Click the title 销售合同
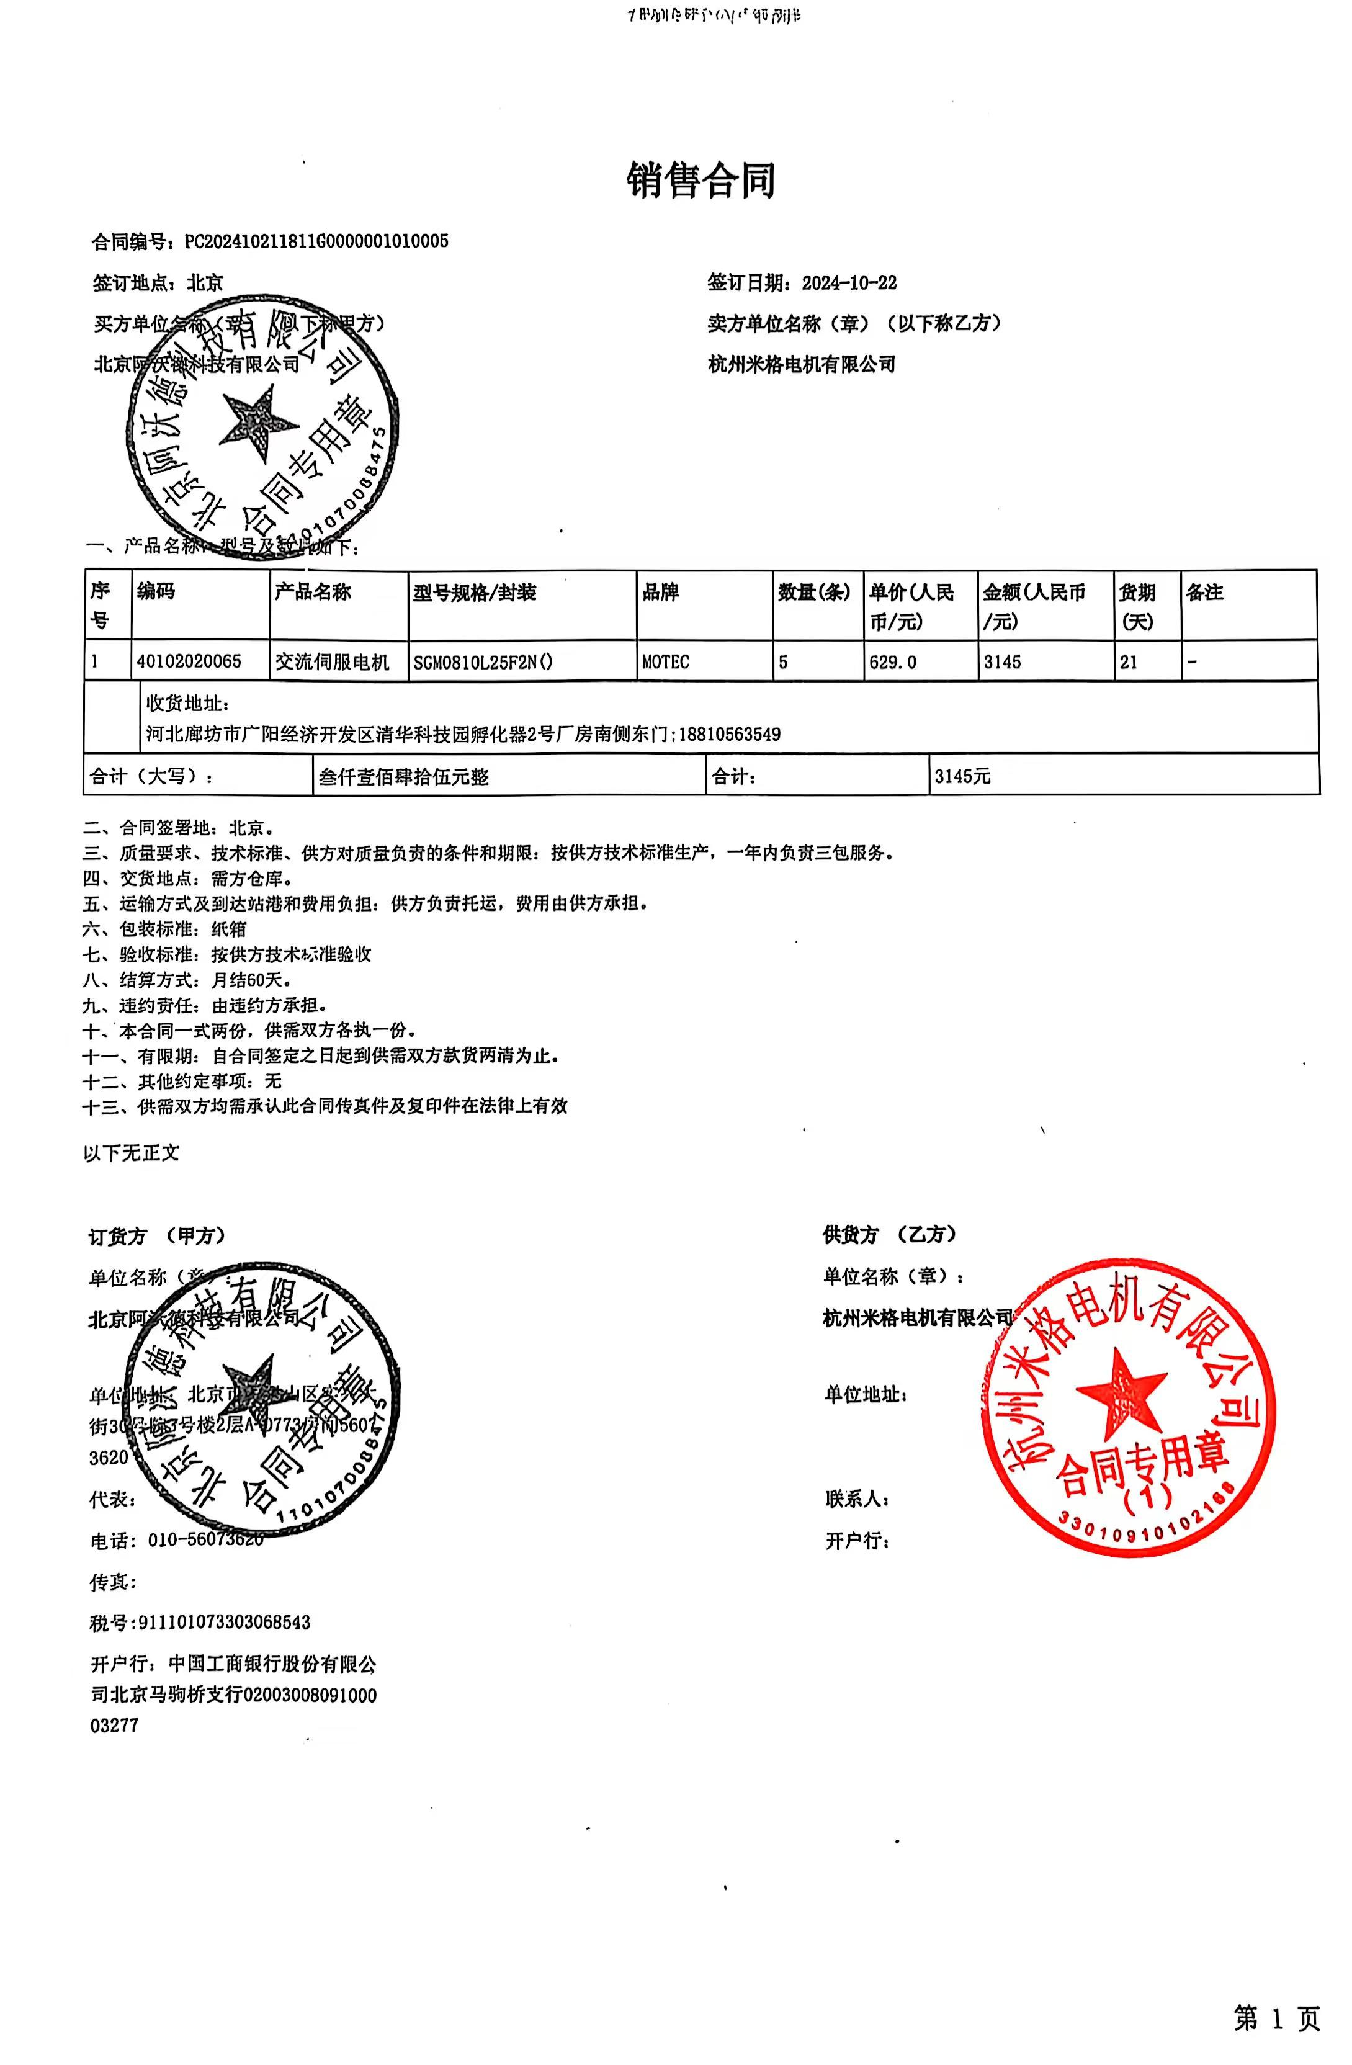[701, 181]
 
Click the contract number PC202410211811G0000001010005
[316, 241]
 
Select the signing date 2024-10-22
[849, 283]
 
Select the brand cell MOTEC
[666, 662]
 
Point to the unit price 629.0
[892, 662]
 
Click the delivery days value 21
[1128, 662]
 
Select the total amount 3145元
[962, 776]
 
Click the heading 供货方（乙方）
[890, 1235]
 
